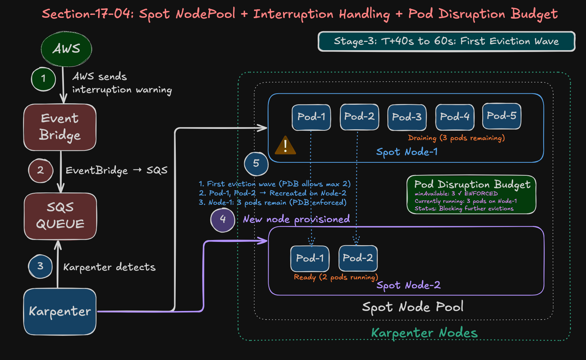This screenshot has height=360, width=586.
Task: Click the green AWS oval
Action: pyautogui.click(x=66, y=49)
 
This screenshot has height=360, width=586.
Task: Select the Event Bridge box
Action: pyautogui.click(x=60, y=127)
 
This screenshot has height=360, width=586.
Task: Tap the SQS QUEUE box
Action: pyautogui.click(x=60, y=216)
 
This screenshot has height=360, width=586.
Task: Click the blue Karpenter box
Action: pyautogui.click(x=60, y=311)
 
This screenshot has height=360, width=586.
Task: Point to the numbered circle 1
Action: pyautogui.click(x=43, y=79)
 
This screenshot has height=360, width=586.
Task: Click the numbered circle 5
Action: pyautogui.click(x=256, y=163)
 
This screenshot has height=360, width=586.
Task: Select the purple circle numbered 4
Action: pyautogui.click(x=223, y=220)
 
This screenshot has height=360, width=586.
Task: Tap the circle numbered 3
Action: pyautogui.click(x=40, y=266)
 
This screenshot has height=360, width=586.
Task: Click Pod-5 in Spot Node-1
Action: pyautogui.click(x=501, y=116)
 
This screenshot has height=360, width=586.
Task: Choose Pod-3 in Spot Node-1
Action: pyautogui.click(x=407, y=117)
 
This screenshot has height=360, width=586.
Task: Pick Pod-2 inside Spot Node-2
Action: pyautogui.click(x=358, y=258)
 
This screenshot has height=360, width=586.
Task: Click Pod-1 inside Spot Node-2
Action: pyautogui.click(x=310, y=258)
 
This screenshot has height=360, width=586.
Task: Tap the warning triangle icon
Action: pyautogui.click(x=285, y=145)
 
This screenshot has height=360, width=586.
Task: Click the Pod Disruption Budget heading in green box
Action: pyautogui.click(x=472, y=184)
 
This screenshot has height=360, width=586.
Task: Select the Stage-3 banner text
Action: pyautogui.click(x=446, y=41)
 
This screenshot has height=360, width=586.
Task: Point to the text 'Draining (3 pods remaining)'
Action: pyautogui.click(x=456, y=138)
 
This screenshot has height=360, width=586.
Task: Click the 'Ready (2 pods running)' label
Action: pyautogui.click(x=336, y=277)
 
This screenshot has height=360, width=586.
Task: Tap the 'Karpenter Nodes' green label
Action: pyautogui.click(x=424, y=333)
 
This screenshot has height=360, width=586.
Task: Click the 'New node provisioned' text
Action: pyautogui.click(x=296, y=219)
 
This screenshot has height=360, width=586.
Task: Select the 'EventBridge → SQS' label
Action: pyautogui.click(x=116, y=171)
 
